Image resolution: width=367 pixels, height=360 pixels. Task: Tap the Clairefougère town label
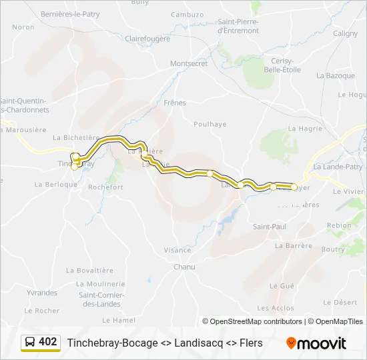(x=147, y=39)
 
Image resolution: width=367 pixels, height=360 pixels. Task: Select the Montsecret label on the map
(x=190, y=64)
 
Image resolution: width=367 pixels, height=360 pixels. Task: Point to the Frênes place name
(x=175, y=103)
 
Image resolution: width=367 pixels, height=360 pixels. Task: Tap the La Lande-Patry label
(x=338, y=167)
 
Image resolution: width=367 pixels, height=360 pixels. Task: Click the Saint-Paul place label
(x=270, y=227)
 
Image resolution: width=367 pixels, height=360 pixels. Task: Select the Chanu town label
(x=184, y=267)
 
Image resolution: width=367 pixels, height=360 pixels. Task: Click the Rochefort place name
(x=105, y=187)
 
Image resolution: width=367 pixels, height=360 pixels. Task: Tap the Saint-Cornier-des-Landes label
(x=99, y=299)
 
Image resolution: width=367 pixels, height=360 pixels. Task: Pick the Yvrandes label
(x=42, y=293)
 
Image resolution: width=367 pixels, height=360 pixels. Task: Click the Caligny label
(x=345, y=33)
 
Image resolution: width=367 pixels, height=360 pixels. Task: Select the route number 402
(x=47, y=342)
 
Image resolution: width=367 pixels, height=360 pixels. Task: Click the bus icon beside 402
(x=30, y=343)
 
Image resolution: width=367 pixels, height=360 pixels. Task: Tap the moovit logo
(x=316, y=343)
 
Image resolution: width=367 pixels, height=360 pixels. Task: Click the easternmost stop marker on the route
(x=294, y=187)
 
